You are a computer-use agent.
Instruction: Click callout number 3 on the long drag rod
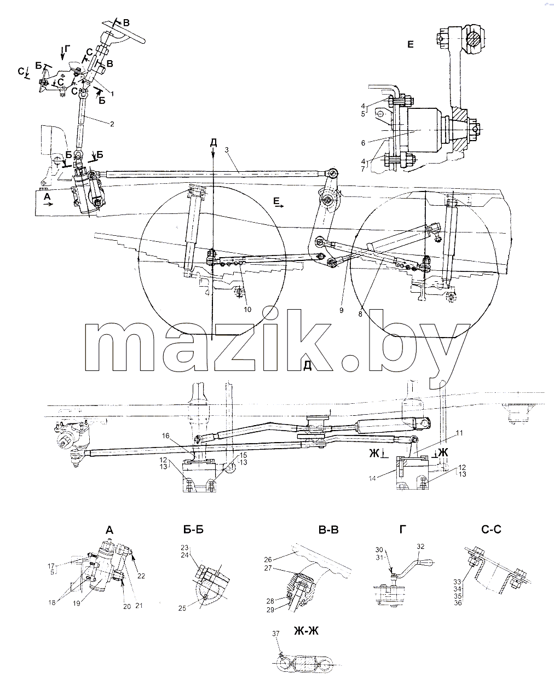point(227,150)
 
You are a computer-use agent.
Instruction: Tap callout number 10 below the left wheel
point(247,309)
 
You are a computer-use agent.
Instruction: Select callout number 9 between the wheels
point(342,310)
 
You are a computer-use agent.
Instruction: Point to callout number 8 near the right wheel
point(360,314)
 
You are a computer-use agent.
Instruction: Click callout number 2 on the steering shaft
point(112,124)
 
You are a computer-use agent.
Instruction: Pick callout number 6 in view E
point(363,143)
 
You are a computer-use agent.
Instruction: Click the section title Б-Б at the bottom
point(194,530)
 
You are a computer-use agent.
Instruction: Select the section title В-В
point(328,530)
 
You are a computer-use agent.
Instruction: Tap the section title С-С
point(491,529)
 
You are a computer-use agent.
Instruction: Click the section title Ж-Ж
point(306,631)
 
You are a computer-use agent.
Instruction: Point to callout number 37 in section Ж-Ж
point(276,634)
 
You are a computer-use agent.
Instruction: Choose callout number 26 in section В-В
point(268,560)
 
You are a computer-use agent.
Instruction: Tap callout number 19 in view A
point(76,603)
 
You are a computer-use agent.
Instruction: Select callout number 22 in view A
point(141,576)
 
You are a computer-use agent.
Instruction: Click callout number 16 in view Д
point(166,436)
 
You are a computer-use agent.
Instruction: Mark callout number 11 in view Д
point(459,433)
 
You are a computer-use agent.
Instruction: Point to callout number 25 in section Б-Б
point(182,608)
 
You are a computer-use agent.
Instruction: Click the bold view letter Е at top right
point(410,44)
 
